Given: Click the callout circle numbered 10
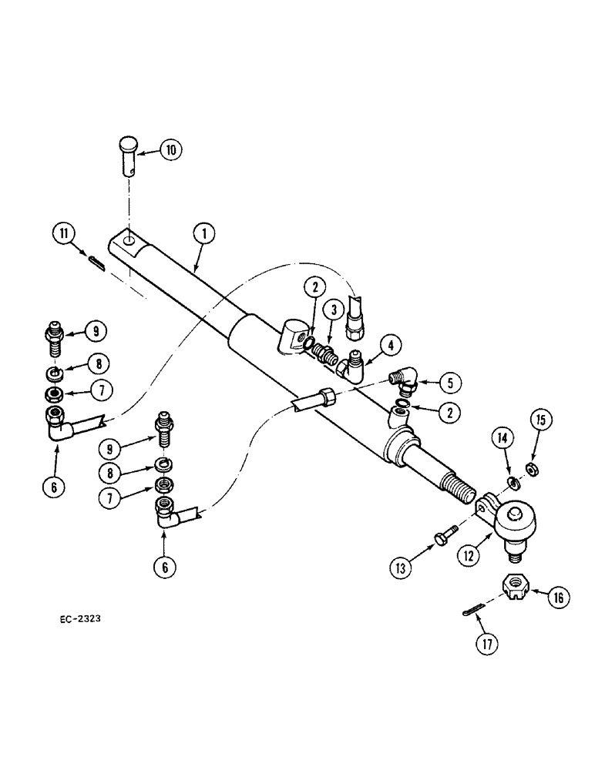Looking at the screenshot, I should click(171, 150).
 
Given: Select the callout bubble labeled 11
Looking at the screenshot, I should click(64, 234).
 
